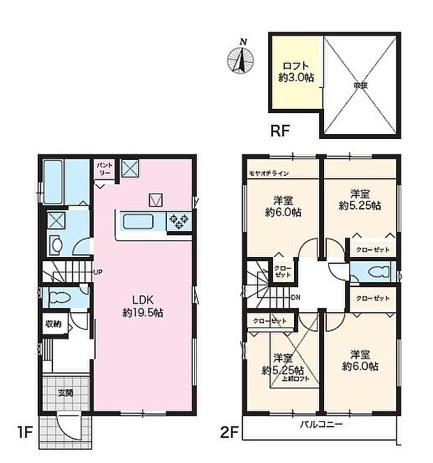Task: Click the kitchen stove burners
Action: point(179,222)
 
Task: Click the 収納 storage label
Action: point(54,323)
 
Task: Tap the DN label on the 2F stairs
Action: point(297,297)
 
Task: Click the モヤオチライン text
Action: point(268,172)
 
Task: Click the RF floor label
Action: point(280,131)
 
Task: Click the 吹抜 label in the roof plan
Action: point(360,84)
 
